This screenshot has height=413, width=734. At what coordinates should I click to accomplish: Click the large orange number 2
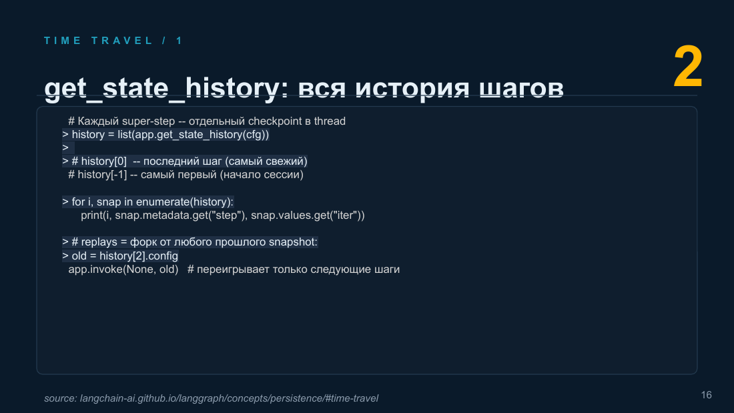point(688,67)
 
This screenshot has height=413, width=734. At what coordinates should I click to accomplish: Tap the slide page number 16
point(707,395)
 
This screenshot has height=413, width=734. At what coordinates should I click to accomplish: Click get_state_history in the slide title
point(161,88)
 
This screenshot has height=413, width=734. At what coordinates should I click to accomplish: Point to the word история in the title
point(412,88)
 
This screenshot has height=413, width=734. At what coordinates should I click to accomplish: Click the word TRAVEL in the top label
point(122,41)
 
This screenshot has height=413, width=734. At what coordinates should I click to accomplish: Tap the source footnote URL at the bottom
point(229,398)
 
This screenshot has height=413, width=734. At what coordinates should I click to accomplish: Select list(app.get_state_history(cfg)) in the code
point(194,135)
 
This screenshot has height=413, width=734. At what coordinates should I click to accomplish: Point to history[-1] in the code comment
point(102,175)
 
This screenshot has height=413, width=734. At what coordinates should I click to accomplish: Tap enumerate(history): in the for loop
point(184,201)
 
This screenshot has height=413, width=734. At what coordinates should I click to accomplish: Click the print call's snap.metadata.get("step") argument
point(181,216)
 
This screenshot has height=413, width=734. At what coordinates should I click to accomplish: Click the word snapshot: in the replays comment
point(293,242)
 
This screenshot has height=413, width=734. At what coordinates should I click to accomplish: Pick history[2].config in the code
point(139,256)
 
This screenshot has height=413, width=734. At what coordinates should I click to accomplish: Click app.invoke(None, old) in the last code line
point(123,270)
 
